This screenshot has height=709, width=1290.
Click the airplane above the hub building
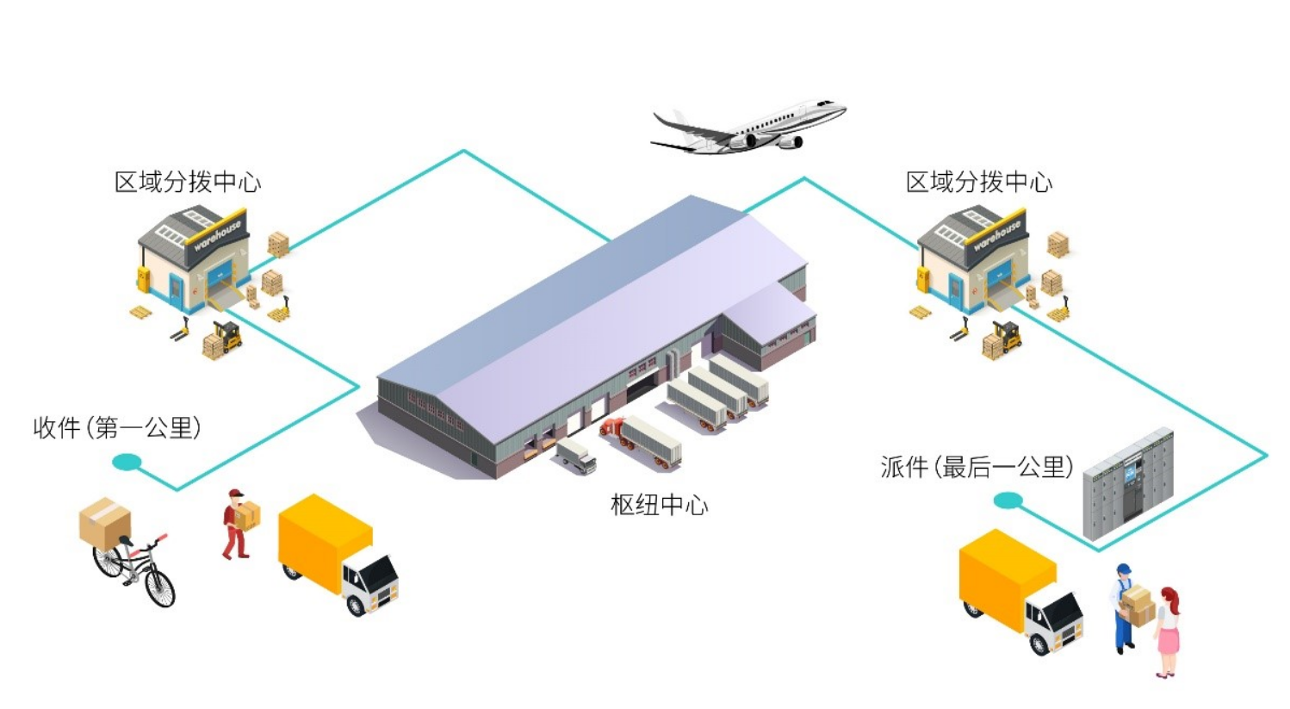click(747, 127)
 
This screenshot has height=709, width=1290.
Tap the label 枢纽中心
click(659, 505)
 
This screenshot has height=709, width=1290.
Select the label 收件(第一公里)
click(117, 427)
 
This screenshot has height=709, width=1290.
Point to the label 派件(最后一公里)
click(977, 467)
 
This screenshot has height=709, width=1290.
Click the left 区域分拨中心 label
click(188, 182)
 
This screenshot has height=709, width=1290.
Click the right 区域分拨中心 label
click(979, 182)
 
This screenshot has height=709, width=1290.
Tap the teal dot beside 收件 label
click(127, 463)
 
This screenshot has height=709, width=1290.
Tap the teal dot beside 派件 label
click(1008, 501)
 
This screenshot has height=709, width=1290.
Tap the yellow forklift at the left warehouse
click(228, 337)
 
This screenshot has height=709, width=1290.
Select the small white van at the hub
click(575, 454)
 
